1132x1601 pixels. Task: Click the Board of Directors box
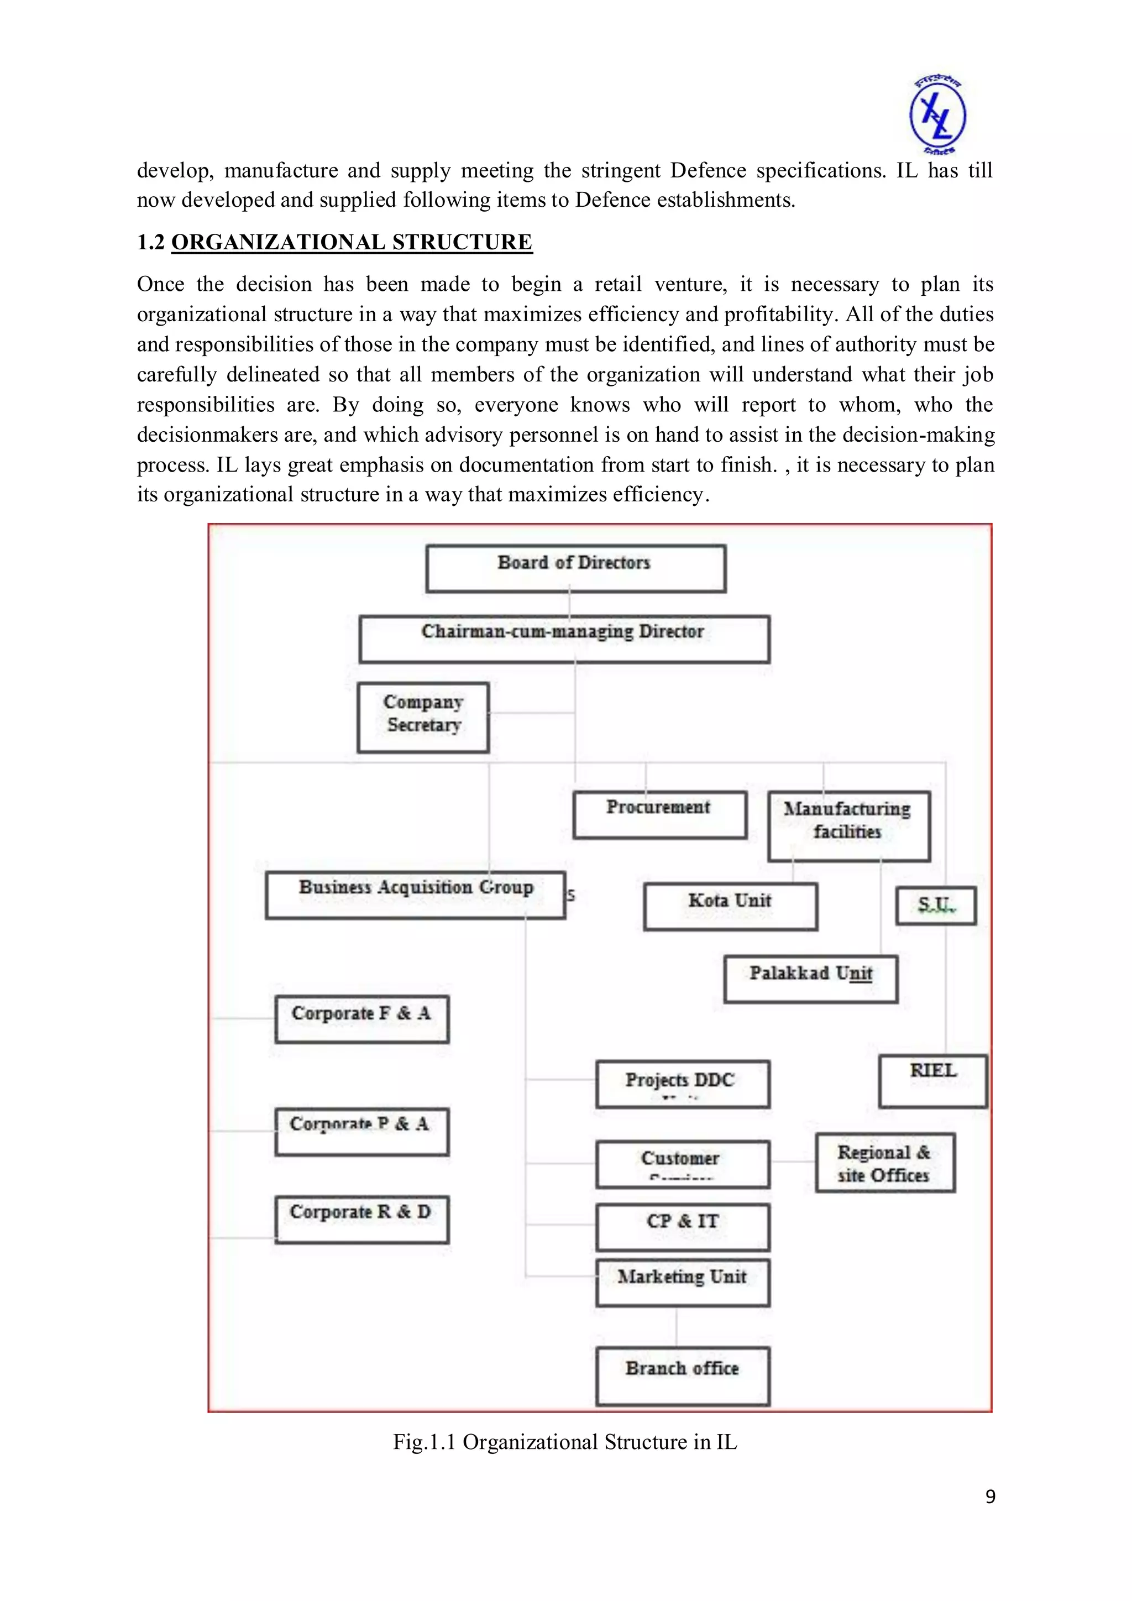575,568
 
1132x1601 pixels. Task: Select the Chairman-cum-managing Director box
564,638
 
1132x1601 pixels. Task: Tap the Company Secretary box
422,717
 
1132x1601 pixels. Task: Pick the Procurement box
659,814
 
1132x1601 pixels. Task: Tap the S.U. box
935,905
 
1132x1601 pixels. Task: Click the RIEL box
932,1080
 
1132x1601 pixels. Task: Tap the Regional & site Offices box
884,1163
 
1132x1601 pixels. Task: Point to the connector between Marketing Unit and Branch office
676,1327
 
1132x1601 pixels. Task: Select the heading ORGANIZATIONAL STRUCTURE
352,242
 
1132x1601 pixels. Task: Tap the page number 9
990,1497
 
